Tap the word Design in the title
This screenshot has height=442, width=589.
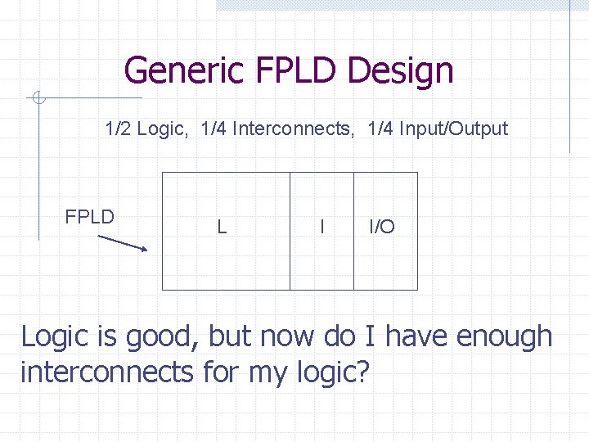400,70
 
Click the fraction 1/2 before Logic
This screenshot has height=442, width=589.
118,129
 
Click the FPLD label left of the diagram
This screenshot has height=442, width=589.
89,217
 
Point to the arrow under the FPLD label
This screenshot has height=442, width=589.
123,243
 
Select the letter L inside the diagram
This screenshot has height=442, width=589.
222,227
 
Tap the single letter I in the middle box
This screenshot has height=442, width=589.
321,227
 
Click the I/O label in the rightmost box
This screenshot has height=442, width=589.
382,227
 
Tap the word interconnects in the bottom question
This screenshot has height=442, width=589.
106,372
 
